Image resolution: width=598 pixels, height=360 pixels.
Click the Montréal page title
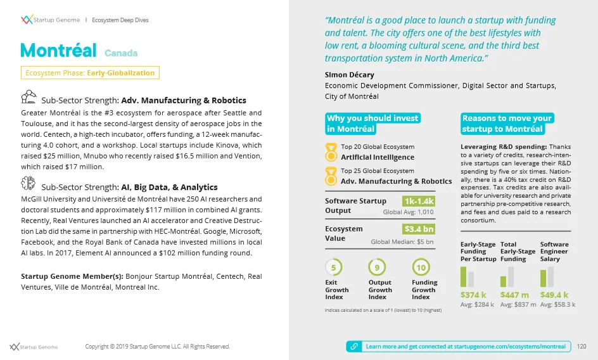(58, 51)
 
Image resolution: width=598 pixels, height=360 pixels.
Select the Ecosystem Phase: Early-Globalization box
(89, 73)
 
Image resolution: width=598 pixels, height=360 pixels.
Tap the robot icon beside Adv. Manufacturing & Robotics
(29, 97)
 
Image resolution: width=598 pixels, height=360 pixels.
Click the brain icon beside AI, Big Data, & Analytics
(28, 184)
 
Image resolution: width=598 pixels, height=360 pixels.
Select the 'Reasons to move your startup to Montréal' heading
(507, 124)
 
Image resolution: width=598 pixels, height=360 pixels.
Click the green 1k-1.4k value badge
(418, 202)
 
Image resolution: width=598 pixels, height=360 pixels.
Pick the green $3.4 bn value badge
(419, 229)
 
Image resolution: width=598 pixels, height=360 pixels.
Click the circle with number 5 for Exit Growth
(333, 266)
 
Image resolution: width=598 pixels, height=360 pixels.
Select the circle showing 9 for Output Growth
(377, 266)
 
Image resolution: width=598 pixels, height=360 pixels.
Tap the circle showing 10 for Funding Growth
(421, 266)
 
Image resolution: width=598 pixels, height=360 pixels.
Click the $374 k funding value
(473, 295)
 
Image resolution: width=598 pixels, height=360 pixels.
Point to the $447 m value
(514, 295)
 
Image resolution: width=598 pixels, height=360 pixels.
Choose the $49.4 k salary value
(554, 295)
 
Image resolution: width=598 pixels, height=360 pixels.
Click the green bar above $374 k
(463, 277)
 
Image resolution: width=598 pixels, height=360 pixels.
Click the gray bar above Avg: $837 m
(511, 277)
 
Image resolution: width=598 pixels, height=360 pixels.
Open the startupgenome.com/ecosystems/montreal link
(465, 347)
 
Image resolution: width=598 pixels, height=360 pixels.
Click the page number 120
(582, 347)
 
